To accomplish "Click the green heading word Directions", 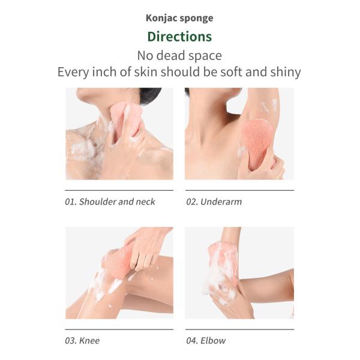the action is (x=179, y=37).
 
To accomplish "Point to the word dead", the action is (x=170, y=56).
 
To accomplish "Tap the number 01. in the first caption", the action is (x=70, y=202).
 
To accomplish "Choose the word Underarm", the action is (x=221, y=202).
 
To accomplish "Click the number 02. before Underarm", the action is (x=192, y=202).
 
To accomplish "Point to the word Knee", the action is (x=89, y=340).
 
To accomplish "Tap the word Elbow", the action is (x=213, y=340).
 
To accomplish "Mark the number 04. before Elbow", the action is (x=192, y=340).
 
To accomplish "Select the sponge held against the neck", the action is (x=126, y=119).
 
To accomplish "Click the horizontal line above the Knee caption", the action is (x=119, y=329).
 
